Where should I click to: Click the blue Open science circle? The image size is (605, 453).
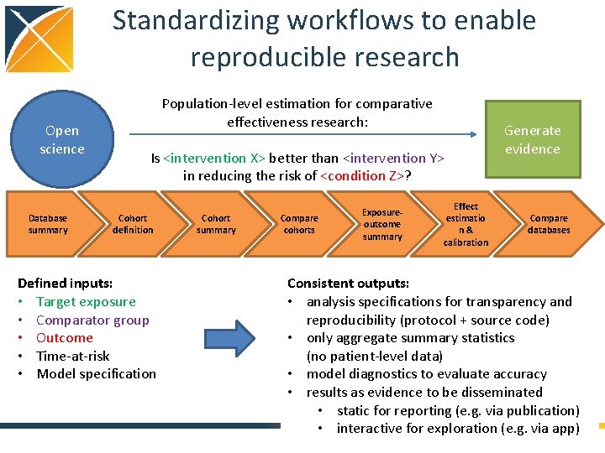(x=61, y=140)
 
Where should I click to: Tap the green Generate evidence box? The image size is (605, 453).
(x=532, y=139)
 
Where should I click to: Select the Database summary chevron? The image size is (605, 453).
(x=48, y=224)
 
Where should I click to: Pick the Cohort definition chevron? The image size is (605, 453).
(x=133, y=224)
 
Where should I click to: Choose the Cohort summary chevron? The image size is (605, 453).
(x=216, y=224)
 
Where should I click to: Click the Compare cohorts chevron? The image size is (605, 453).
(x=299, y=224)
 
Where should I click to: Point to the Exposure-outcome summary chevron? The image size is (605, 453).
(x=382, y=224)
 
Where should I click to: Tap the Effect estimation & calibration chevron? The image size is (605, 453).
(x=466, y=224)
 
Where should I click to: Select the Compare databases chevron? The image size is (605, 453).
(x=549, y=224)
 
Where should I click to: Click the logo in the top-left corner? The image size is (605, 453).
(x=39, y=38)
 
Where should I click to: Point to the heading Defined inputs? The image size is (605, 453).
(x=65, y=284)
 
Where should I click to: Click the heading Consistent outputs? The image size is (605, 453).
(x=348, y=284)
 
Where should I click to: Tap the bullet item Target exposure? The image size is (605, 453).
(x=86, y=302)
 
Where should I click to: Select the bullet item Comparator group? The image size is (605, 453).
(x=92, y=320)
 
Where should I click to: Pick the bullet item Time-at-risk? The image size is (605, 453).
(x=73, y=356)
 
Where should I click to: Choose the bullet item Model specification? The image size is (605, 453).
(x=97, y=374)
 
